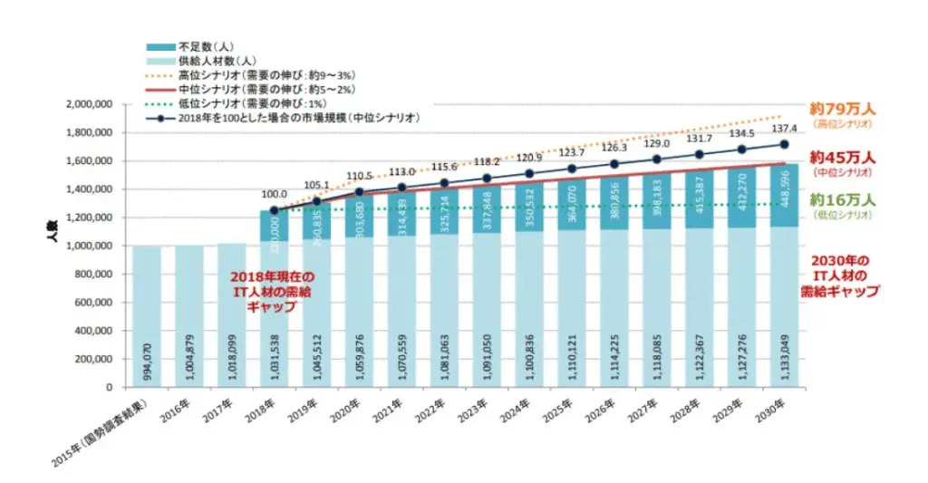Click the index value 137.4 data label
click(783, 129)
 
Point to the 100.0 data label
click(274, 194)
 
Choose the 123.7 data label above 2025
click(572, 151)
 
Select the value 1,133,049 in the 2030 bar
click(784, 356)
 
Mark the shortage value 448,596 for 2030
click(784, 196)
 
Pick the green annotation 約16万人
click(839, 200)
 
